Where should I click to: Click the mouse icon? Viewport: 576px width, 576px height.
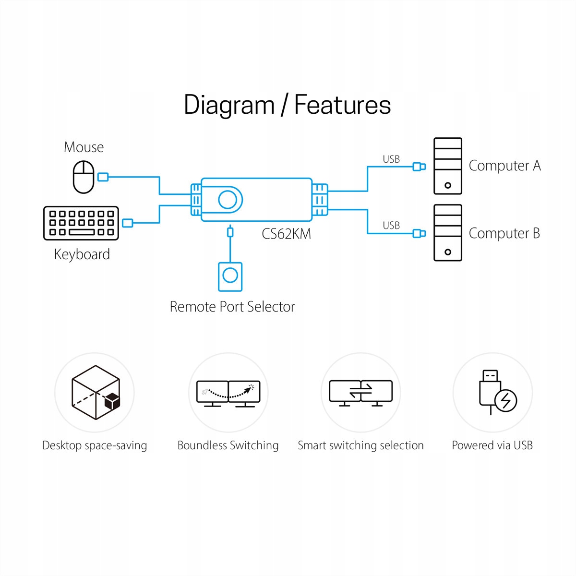click(84, 177)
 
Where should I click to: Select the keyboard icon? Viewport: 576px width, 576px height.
click(81, 223)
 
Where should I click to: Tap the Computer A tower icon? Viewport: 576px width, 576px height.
click(447, 166)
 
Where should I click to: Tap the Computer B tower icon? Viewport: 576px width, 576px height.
click(447, 233)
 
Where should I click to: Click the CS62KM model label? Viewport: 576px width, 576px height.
click(286, 234)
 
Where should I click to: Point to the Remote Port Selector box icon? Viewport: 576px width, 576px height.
click(230, 276)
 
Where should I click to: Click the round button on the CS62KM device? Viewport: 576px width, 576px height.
click(228, 200)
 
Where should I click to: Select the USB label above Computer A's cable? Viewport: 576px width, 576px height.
click(391, 159)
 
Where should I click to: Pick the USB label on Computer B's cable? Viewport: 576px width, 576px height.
click(391, 226)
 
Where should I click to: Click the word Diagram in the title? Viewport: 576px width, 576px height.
click(229, 105)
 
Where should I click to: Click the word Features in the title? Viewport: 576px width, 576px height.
click(342, 105)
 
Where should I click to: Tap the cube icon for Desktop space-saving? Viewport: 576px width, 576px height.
click(96, 392)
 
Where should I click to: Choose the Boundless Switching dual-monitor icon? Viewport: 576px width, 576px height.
click(228, 394)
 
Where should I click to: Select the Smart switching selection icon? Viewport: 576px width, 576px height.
click(360, 393)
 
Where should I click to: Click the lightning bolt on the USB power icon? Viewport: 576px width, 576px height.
click(505, 400)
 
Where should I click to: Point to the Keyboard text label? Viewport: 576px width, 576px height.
click(82, 254)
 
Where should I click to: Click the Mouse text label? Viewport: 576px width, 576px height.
click(84, 147)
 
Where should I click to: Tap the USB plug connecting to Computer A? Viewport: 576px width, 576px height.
click(419, 167)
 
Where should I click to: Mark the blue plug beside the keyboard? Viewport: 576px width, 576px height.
click(127, 223)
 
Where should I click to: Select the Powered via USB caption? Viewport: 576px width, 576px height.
click(492, 445)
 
